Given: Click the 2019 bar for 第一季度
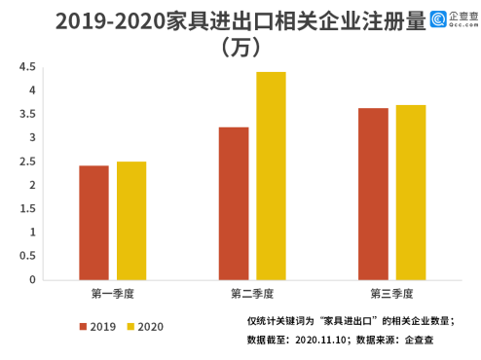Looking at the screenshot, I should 93,223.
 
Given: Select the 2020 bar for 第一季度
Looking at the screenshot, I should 130,221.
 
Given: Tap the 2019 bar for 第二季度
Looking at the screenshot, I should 233,203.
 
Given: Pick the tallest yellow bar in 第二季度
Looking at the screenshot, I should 271,176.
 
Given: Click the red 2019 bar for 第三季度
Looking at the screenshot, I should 373,194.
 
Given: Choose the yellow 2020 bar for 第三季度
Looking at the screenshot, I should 410,193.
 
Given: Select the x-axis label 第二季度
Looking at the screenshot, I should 252,293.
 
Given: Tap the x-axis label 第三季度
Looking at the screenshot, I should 391,293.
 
